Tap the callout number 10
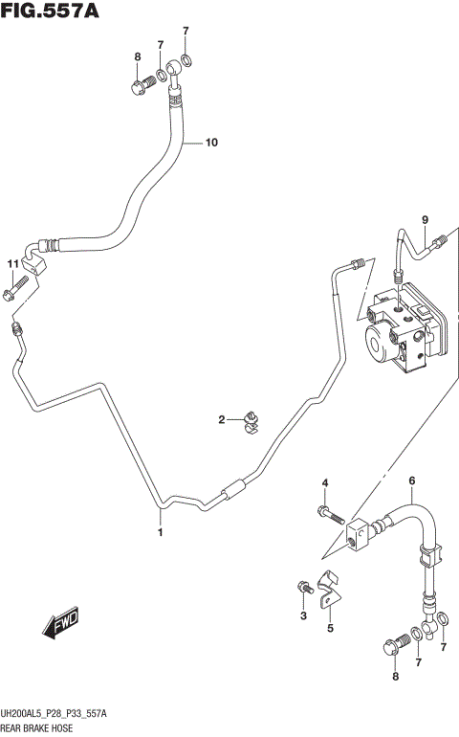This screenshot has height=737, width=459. tap(210, 143)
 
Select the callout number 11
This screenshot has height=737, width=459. tap(12, 264)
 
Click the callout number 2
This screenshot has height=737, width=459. tap(221, 419)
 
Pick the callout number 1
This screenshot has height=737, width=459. tap(161, 532)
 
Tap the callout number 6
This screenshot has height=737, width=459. tap(412, 481)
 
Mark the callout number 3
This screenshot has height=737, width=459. tap(303, 615)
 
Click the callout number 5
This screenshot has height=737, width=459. tap(330, 628)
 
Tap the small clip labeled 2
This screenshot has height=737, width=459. tap(251, 420)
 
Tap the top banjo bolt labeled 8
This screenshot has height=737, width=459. tap(138, 87)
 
